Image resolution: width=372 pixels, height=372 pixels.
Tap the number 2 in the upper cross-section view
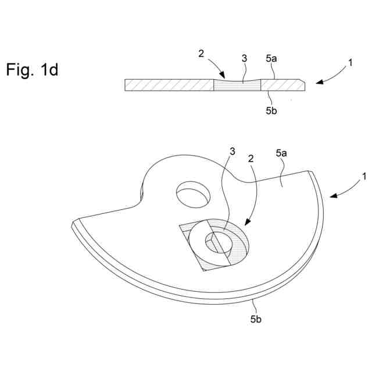point(201,53)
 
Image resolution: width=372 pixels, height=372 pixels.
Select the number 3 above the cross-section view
point(244,59)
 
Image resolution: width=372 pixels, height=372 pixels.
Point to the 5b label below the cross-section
point(271,111)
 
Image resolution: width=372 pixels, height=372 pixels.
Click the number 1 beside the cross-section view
point(350,65)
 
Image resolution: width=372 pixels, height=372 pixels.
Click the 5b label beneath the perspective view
point(256,319)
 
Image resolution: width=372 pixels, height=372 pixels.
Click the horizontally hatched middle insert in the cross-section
point(237,85)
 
